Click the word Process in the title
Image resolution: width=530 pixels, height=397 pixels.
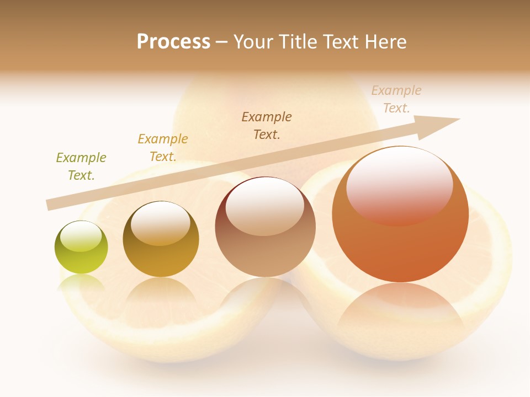(x=173, y=42)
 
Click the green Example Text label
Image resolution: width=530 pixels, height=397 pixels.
(x=81, y=167)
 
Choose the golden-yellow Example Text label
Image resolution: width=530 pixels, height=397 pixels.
(x=163, y=148)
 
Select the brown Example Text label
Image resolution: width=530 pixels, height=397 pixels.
(x=267, y=125)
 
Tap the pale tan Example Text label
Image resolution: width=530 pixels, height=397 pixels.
(x=396, y=99)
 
